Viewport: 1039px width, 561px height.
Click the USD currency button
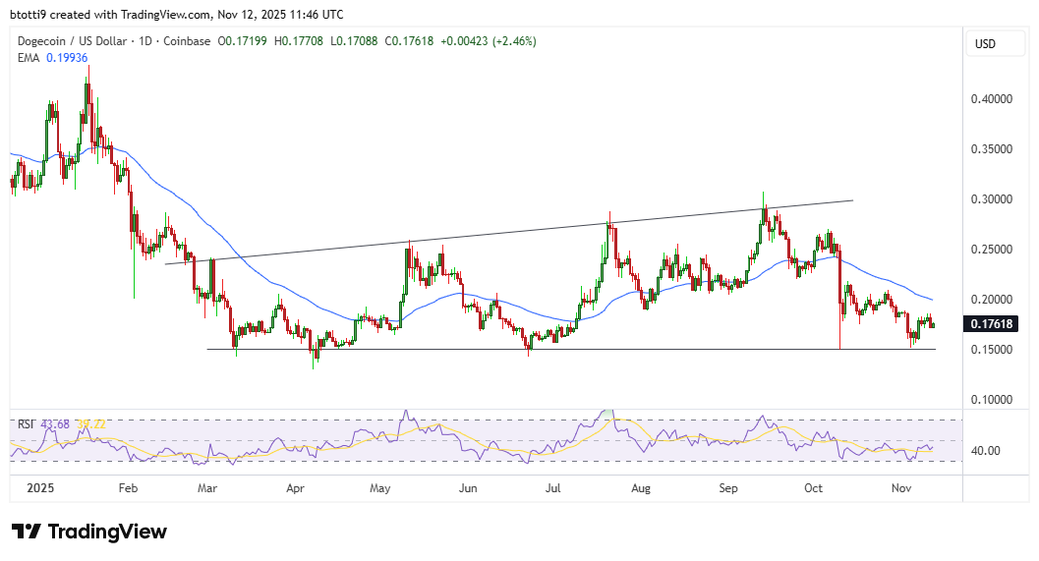(985, 43)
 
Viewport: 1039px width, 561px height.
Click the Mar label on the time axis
(207, 487)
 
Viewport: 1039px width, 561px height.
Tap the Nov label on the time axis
(900, 487)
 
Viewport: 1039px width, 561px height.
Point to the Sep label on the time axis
(728, 487)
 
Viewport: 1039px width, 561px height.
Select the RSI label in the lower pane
(27, 423)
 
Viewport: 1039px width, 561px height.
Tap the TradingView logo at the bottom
(89, 532)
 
